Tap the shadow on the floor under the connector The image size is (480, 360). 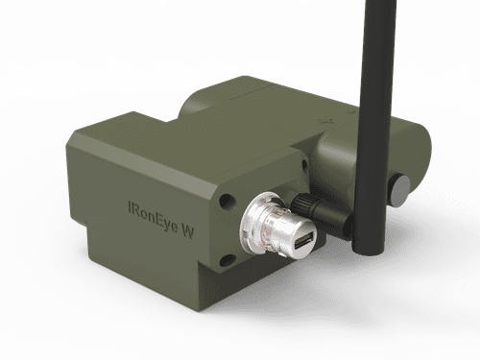(x=288, y=288)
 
